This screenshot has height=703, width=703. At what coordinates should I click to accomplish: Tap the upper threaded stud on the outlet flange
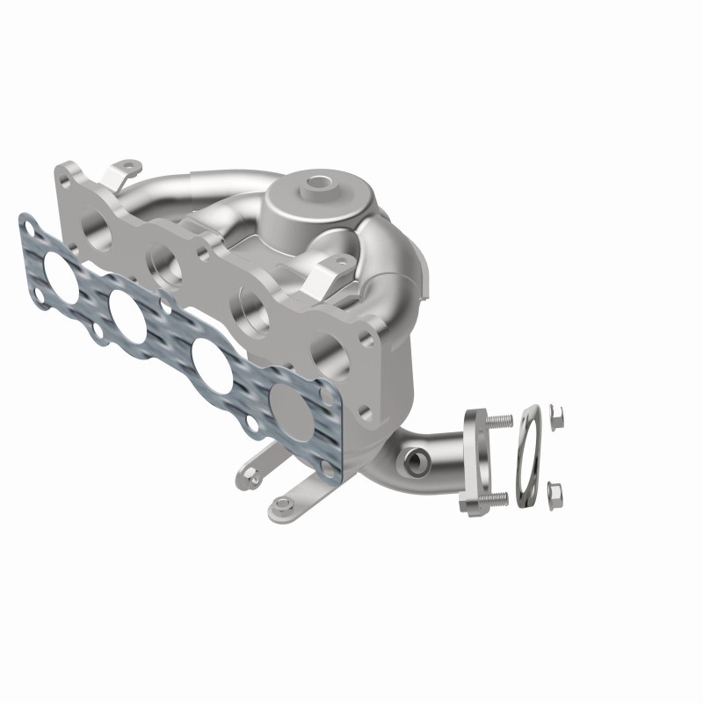tap(501, 422)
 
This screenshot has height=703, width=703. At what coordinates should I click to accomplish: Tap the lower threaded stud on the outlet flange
tap(496, 499)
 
